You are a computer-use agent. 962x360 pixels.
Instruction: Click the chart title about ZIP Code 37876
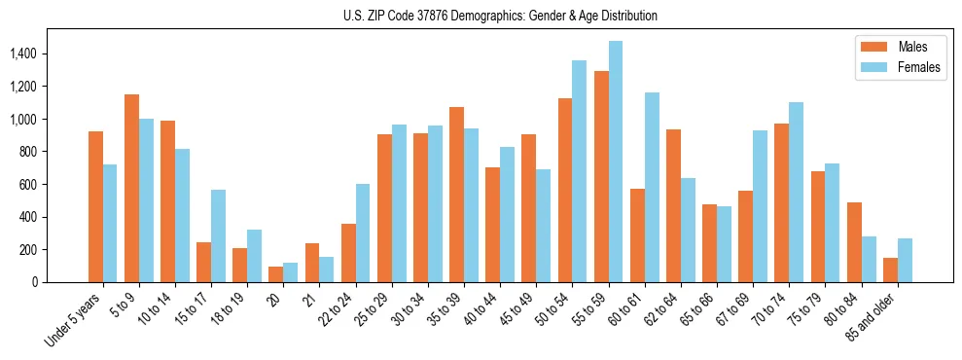(500, 16)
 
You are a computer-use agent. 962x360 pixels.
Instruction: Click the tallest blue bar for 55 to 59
(616, 162)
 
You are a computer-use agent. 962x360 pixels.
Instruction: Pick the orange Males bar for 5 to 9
(131, 188)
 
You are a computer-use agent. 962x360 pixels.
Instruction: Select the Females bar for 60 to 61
(652, 188)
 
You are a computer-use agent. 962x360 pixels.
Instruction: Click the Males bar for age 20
(276, 274)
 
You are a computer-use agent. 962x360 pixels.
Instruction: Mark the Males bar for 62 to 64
(673, 206)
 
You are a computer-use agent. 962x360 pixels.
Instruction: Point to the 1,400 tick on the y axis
(25, 54)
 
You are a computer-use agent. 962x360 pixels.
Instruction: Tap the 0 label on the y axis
(35, 282)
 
